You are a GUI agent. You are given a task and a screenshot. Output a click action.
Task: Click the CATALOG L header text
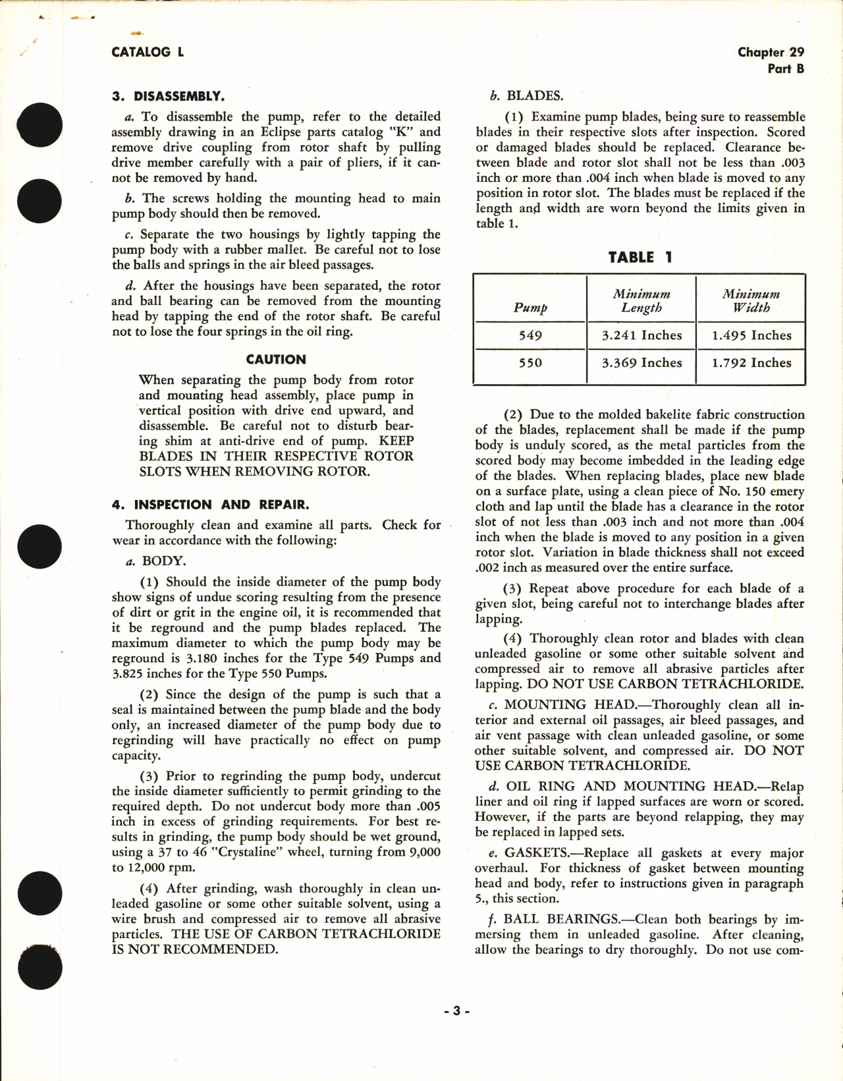coord(148,52)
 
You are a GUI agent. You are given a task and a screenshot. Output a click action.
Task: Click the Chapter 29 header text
coord(771,52)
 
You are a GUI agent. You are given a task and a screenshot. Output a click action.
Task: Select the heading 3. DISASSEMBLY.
coord(168,96)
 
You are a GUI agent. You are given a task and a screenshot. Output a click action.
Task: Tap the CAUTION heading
coord(276,360)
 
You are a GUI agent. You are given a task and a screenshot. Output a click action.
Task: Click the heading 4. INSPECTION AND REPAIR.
coord(210,505)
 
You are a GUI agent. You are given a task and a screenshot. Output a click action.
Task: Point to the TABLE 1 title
coord(639,258)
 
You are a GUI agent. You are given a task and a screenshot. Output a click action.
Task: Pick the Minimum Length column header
coord(641,301)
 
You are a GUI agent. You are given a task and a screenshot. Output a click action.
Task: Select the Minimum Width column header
coord(751,301)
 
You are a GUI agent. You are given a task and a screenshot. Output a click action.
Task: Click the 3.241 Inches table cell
coord(641,335)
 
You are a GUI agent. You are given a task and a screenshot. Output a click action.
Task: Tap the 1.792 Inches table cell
coord(751,363)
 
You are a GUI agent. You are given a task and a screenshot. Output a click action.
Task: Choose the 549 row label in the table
coord(530,335)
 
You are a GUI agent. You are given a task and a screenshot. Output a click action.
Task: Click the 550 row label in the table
coord(530,363)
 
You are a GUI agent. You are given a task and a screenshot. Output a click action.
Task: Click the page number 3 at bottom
coord(456,1011)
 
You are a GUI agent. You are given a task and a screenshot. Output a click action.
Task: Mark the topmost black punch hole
coord(41,125)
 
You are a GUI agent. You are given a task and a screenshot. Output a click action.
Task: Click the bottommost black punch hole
coord(41,968)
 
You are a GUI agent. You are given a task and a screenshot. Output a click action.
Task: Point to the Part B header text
coord(786,69)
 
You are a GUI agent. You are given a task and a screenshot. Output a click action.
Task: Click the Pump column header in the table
coord(530,308)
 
